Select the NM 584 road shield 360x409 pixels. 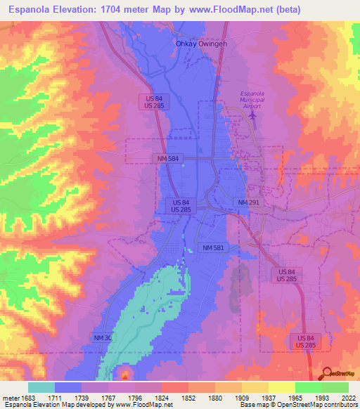pos(169,159)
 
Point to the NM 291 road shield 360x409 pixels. pos(248,202)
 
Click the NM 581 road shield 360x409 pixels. pos(213,248)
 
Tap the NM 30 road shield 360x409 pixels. pos(103,338)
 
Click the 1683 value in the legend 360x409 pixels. pos(29,398)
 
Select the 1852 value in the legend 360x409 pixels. pos(189,398)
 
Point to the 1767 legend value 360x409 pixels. pos(109,398)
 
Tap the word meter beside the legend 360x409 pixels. pos(10,398)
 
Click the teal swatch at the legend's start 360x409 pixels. pos(41,387)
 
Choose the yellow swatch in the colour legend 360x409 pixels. pos(281,387)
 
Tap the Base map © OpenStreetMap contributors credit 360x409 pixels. pos(297,405)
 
